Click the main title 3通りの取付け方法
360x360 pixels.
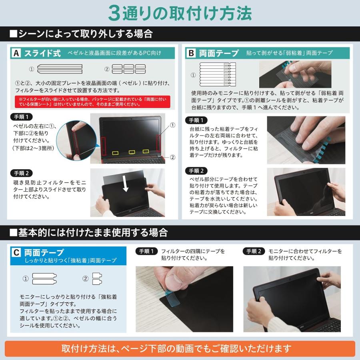tap(180, 13)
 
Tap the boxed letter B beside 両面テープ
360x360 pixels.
tap(192, 53)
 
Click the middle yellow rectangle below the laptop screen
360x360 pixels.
tap(131, 152)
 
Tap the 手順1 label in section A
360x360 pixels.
tap(22, 117)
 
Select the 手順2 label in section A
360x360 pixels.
tap(22, 173)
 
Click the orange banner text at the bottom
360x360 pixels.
tap(180, 348)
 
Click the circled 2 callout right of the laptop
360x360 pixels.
tap(172, 157)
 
